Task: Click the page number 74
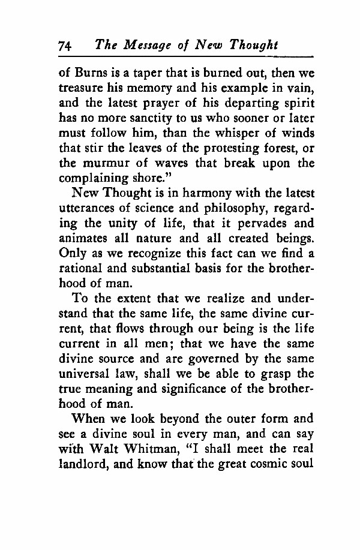point(65,46)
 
